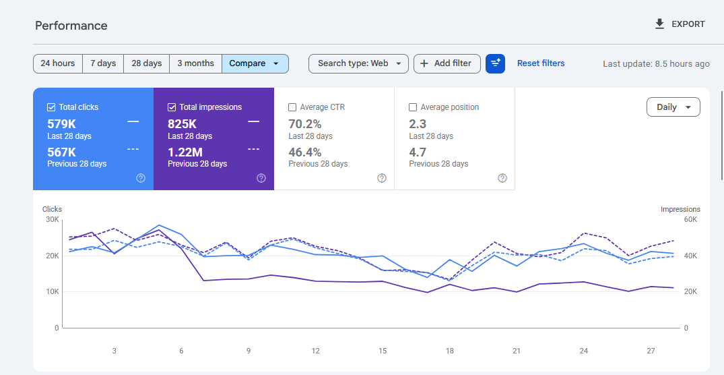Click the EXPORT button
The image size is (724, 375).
point(680,24)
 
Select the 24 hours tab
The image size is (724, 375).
point(58,63)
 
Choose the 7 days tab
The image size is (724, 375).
point(103,63)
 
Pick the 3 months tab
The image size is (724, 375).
point(196,63)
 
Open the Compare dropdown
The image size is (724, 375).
point(255,63)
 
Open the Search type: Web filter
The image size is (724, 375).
point(358,63)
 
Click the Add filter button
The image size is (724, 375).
point(447,63)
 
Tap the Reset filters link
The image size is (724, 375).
point(541,63)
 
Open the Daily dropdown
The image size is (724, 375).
point(673,107)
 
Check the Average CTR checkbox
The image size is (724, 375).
point(292,107)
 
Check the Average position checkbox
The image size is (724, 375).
point(413,107)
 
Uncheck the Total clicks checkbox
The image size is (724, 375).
point(51,107)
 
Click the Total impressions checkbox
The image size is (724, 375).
point(172,107)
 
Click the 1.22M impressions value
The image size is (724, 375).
point(185,152)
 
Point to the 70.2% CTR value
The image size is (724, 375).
point(304,124)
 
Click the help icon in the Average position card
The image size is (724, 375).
point(502,178)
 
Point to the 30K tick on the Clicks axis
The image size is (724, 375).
point(51,220)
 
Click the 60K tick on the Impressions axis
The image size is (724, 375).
point(691,220)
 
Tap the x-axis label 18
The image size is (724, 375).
point(449,351)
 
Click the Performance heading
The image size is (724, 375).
point(71,26)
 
